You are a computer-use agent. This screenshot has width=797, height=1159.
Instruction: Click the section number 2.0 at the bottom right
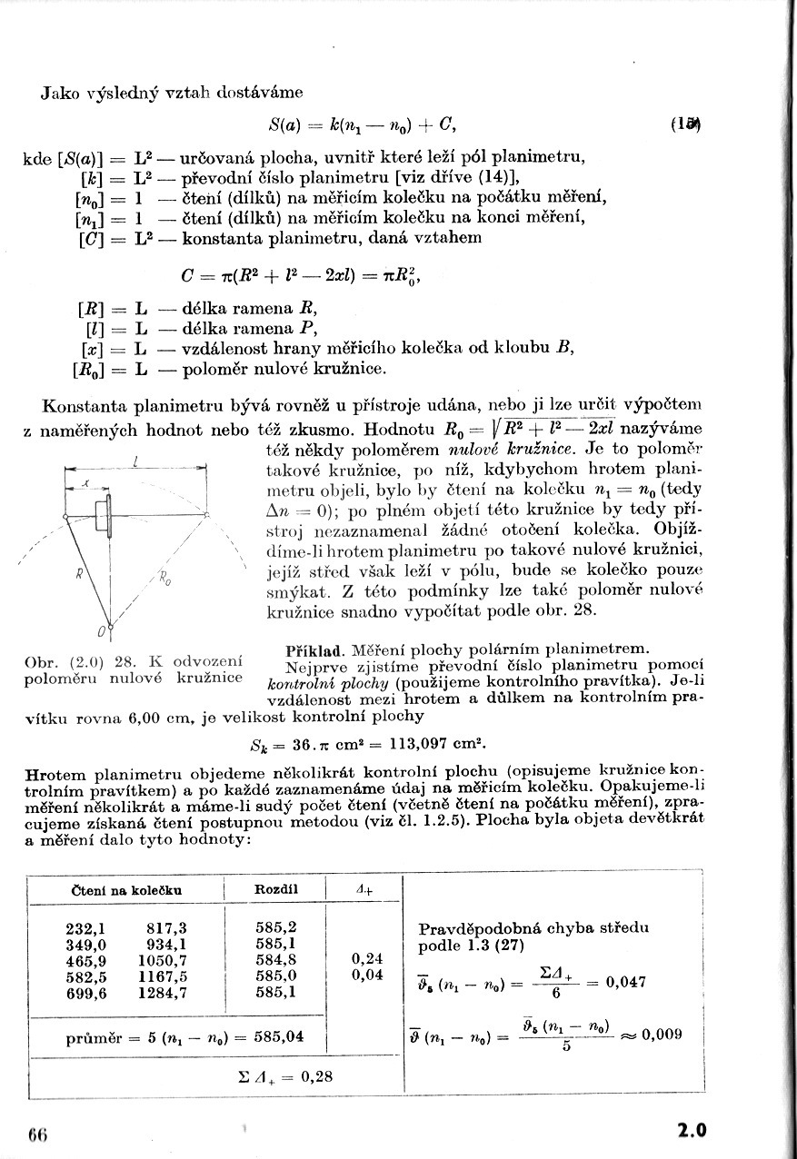(x=691, y=1131)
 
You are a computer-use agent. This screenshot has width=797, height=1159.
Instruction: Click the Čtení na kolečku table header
(x=126, y=890)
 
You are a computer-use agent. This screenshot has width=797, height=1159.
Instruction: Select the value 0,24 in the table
(x=367, y=958)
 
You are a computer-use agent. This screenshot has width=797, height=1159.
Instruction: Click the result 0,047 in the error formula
(x=625, y=981)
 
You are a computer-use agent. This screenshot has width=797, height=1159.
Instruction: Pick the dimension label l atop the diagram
(x=134, y=462)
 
